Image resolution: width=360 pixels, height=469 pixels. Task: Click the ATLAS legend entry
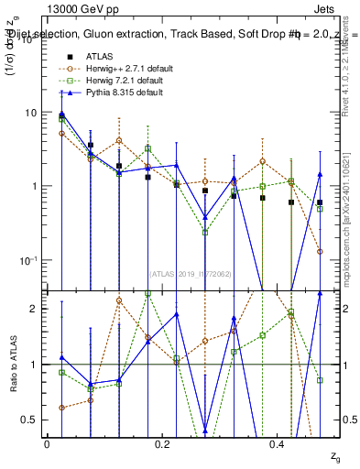coord(101,57)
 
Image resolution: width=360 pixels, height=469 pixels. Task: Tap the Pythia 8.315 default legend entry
coord(115,93)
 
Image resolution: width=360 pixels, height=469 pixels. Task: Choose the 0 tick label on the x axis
coord(46,443)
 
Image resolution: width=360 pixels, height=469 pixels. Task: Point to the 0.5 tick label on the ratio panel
coord(28,420)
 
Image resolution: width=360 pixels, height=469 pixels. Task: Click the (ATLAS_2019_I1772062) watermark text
coord(189,273)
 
